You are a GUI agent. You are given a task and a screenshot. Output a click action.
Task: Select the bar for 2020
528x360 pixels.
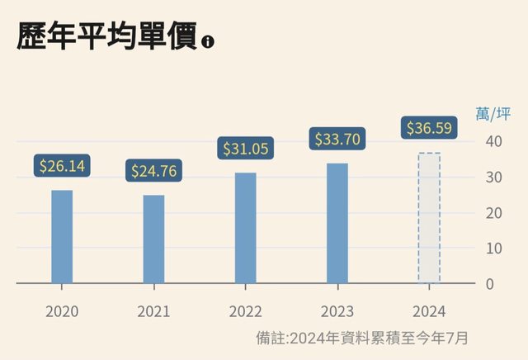(62, 237)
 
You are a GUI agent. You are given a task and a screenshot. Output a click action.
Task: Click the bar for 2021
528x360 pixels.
(153, 239)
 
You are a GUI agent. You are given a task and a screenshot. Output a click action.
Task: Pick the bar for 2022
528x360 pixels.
(246, 228)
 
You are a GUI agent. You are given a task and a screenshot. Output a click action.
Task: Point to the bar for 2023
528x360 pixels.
(337, 223)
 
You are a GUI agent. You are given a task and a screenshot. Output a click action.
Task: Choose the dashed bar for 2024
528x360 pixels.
(429, 218)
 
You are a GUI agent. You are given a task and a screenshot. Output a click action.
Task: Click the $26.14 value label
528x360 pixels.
(62, 166)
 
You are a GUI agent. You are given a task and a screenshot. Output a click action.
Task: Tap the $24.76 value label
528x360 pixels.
(154, 171)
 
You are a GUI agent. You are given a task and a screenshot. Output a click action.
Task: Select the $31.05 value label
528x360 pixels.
(246, 149)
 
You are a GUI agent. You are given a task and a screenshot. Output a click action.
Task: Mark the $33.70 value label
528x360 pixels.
(337, 139)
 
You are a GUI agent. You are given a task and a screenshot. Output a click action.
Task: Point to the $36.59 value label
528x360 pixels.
(430, 129)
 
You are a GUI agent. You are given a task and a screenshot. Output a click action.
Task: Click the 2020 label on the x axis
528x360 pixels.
(62, 311)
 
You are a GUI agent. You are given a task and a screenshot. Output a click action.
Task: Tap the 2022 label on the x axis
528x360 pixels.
(246, 311)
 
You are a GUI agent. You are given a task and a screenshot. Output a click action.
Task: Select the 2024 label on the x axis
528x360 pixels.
(430, 311)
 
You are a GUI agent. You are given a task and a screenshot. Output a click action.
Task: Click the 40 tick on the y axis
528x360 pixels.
(493, 141)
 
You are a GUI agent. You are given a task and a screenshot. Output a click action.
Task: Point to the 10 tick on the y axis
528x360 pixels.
(493, 249)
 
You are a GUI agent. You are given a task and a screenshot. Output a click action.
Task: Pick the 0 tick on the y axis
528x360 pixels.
(489, 284)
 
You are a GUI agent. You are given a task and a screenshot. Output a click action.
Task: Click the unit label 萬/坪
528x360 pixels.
(493, 114)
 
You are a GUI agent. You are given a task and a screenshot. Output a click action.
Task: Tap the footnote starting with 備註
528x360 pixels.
(362, 338)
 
